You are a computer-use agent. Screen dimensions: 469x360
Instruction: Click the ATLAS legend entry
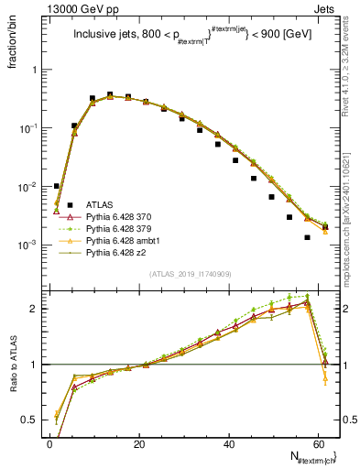tap(88, 205)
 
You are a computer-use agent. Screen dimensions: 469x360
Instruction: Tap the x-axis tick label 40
tap(228, 442)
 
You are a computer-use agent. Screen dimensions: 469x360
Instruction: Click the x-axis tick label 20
tap(139, 442)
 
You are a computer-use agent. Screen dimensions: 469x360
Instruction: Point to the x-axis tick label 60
tap(317, 442)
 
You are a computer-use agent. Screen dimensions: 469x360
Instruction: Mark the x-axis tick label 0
tap(50, 442)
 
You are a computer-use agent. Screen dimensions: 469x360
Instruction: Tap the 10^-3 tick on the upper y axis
tap(30, 245)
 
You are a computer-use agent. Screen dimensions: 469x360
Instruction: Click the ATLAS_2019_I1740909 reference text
tap(189, 273)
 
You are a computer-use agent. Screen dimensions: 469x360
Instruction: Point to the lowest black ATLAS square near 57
tap(308, 237)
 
